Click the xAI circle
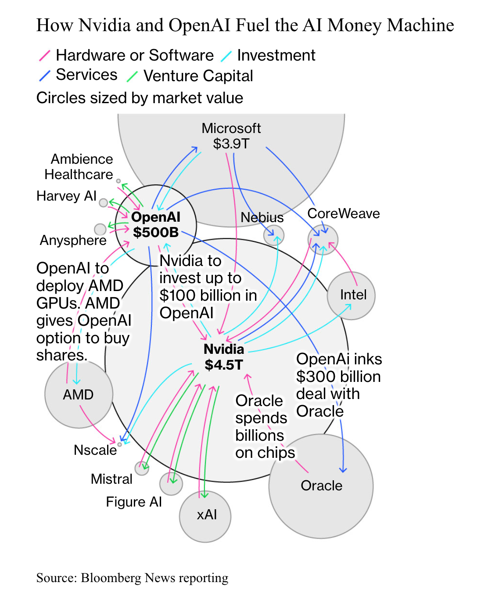pos(205,516)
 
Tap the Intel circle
pos(351,295)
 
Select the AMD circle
pos(79,394)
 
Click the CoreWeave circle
pos(323,240)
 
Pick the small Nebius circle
pos(274,235)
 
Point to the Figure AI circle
pos(171,483)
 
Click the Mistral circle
pos(141,468)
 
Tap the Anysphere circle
pos(100,229)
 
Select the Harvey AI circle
pos(103,202)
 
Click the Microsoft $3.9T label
pos(231,136)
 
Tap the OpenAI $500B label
pos(156,224)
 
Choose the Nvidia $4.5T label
pos(224,357)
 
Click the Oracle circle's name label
pos(321,486)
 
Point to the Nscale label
pos(95,450)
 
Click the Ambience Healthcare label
pos(79,167)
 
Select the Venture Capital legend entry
pos(198,76)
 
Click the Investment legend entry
pos(276,55)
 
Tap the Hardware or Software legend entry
pos(134,55)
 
